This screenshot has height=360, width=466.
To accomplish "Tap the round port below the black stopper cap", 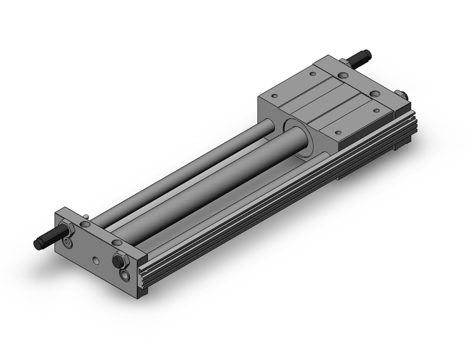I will coord(124,275).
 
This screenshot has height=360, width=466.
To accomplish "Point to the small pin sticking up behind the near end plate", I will coord(88,216).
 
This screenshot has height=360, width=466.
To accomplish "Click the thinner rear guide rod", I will coord(186,168).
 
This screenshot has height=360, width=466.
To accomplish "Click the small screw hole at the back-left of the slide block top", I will coord(274,96).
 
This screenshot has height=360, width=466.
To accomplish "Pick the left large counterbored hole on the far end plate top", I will coord(343,75).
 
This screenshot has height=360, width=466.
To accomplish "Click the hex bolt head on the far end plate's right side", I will coord(401,95).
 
